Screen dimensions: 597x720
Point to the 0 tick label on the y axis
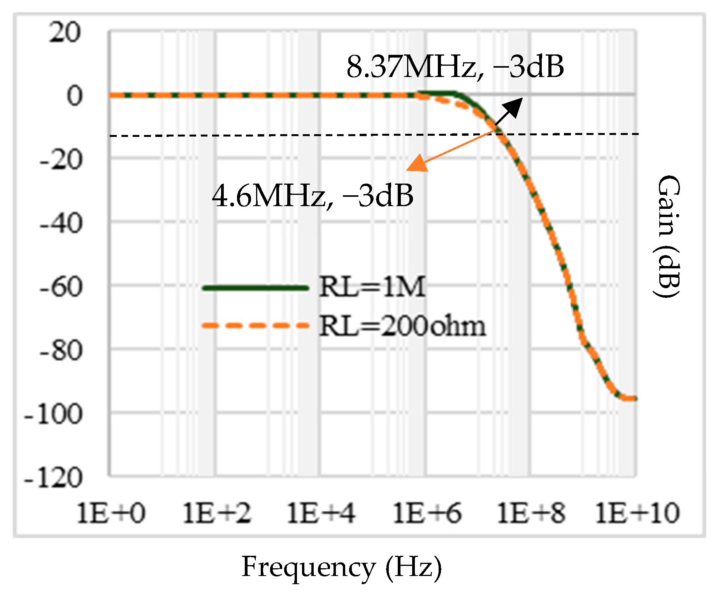75,96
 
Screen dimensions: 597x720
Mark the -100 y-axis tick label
54,415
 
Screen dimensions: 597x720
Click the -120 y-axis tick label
54,478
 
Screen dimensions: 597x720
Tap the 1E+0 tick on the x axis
111,513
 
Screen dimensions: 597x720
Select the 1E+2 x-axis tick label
217,513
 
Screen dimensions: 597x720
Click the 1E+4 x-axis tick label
321,513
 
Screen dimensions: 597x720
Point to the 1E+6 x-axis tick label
427,513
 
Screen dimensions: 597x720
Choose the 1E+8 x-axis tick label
532,513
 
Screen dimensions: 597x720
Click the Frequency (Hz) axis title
342,567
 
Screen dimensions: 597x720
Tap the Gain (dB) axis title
668,236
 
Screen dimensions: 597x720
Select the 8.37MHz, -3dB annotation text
455,67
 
